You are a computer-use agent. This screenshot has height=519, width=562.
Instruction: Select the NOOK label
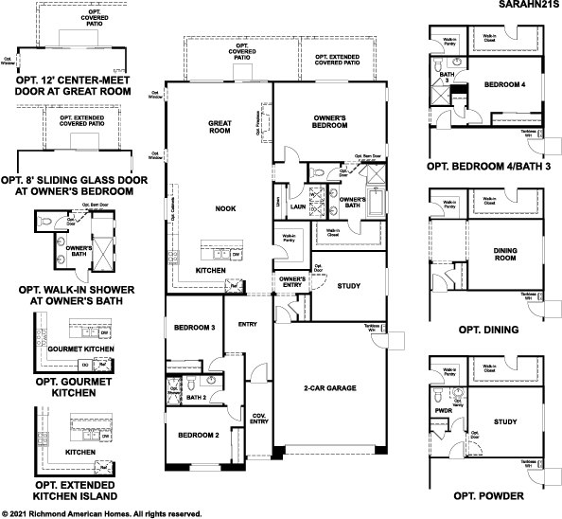point(224,208)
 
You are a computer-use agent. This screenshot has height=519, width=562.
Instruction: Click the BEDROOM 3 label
point(195,328)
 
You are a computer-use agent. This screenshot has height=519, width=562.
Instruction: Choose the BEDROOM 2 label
point(195,435)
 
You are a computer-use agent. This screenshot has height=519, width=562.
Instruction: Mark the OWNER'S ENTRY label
point(292,282)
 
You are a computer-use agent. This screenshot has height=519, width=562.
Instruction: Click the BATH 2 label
point(197,397)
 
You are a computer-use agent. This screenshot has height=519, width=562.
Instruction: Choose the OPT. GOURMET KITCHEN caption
point(73,387)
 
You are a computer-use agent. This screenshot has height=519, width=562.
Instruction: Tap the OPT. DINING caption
point(487,330)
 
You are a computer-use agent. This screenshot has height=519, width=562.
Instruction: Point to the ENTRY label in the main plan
point(248,325)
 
